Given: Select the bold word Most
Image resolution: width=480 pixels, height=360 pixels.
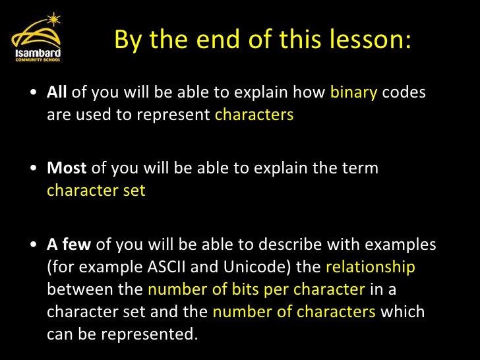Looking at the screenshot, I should [67, 168].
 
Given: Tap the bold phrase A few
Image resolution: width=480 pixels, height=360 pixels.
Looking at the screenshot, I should [69, 245].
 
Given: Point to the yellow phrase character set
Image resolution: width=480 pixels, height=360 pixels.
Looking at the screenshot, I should [96, 191].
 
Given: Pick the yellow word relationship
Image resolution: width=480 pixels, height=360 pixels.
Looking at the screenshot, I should [371, 267].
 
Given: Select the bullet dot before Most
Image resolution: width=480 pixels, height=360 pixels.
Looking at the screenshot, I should [34, 169].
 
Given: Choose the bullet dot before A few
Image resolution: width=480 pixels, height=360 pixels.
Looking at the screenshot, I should [34, 245].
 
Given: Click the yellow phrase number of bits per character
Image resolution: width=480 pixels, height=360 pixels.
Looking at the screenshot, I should [256, 289].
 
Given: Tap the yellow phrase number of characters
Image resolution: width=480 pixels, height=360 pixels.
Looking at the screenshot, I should [293, 312].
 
